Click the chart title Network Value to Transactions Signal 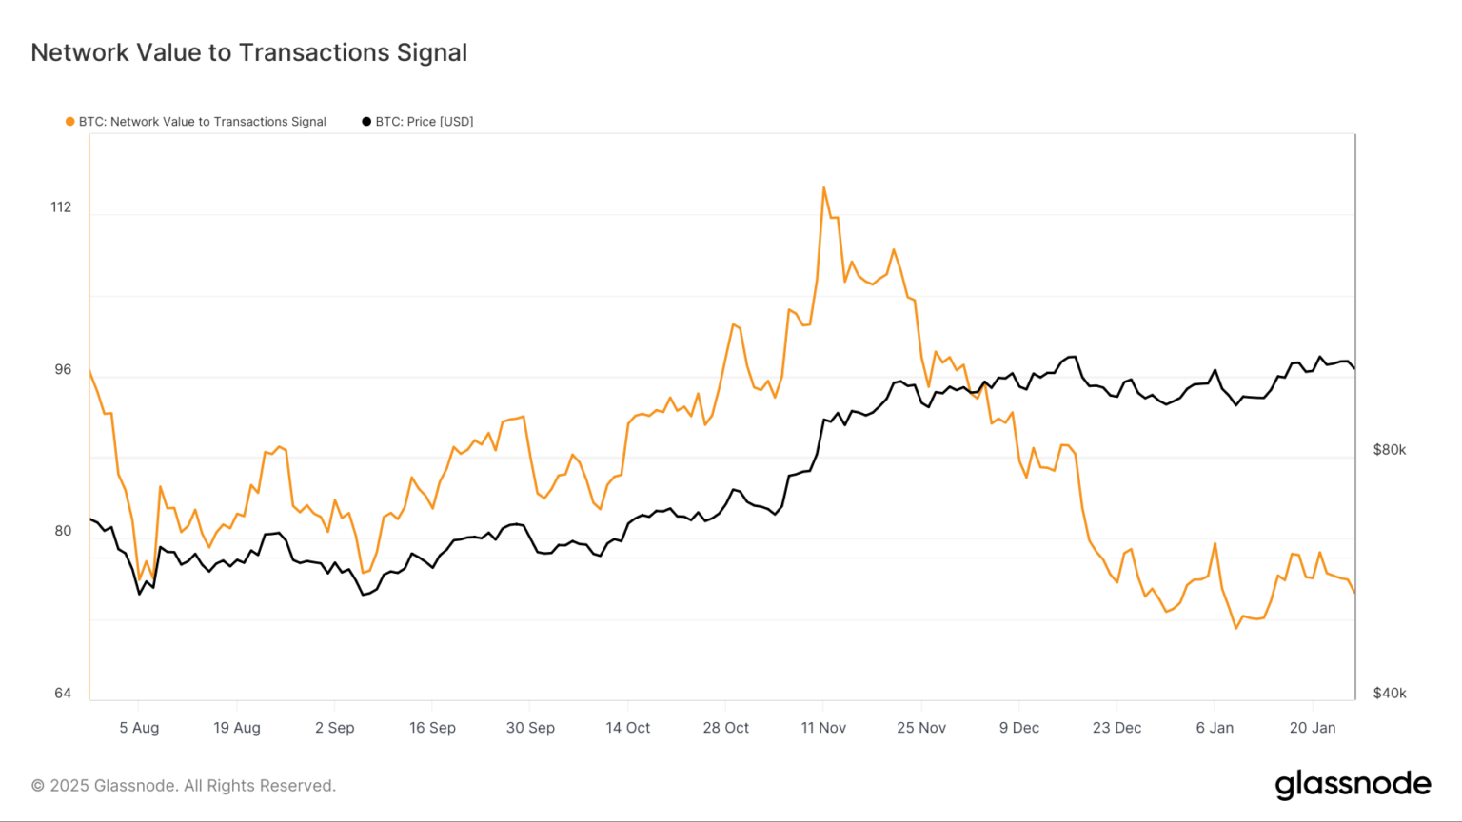[x=249, y=52]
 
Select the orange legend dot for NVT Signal [x=69, y=122]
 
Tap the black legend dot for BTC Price [x=366, y=122]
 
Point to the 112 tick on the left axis [x=61, y=207]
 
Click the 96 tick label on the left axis [x=63, y=369]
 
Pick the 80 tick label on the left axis [x=63, y=531]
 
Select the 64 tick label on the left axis [x=63, y=693]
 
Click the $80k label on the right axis [x=1389, y=450]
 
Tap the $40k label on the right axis [x=1389, y=693]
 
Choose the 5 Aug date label [x=139, y=728]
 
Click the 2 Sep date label [x=334, y=728]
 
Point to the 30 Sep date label [x=530, y=728]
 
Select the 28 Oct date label [x=725, y=728]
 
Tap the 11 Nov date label [x=823, y=728]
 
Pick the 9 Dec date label [x=1018, y=728]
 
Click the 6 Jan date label [x=1215, y=728]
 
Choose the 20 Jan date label [x=1313, y=728]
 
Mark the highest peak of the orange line [x=823, y=187]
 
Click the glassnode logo [x=1353, y=784]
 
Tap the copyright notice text [x=184, y=786]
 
